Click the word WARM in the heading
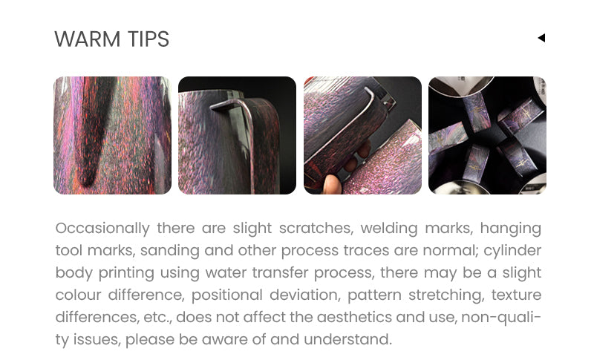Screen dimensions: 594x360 click(88, 39)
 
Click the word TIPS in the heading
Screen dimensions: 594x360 click(148, 39)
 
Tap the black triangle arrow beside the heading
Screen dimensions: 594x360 click(541, 38)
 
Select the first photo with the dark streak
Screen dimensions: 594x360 click(113, 136)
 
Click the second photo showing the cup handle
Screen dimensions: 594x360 click(237, 136)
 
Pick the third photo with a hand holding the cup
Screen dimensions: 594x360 click(362, 136)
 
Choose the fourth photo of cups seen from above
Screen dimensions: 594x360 click(487, 136)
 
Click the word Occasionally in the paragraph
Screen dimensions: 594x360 click(102, 229)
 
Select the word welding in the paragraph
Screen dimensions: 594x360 click(388, 229)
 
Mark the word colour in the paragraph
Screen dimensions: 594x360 click(78, 295)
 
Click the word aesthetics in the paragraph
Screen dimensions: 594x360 click(354, 317)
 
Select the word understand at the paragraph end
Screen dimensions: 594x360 click(347, 339)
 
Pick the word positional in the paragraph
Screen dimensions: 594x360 click(226, 295)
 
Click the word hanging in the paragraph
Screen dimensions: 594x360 click(511, 229)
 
